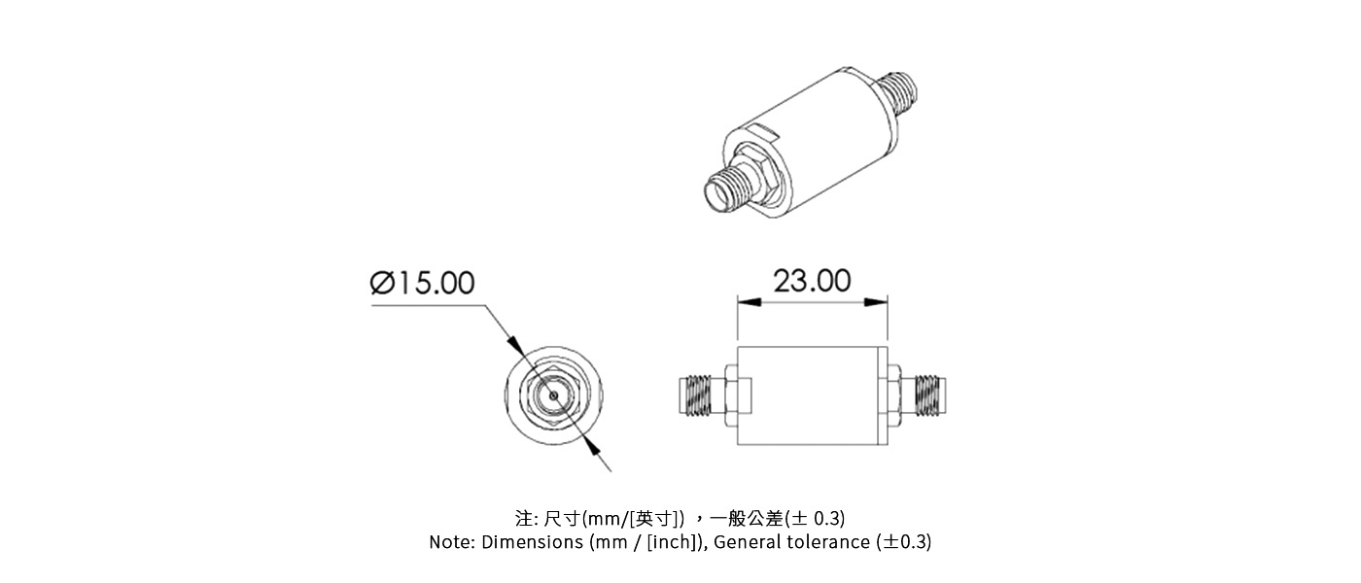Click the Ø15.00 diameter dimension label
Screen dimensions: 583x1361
[x=423, y=283]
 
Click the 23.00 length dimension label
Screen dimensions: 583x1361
[x=812, y=281]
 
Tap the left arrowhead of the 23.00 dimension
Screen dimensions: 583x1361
[x=744, y=302]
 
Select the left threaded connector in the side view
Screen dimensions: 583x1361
[x=698, y=395]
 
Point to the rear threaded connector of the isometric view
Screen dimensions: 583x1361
[x=901, y=88]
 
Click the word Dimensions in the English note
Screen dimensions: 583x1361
[x=534, y=542]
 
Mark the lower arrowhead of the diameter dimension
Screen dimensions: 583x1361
[x=590, y=445]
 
